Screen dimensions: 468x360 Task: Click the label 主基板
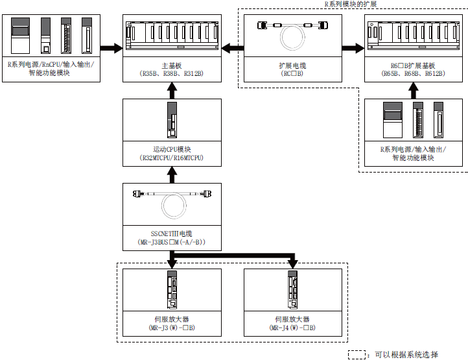pyautogui.click(x=172, y=66)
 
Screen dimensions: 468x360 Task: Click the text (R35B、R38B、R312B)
pyautogui.click(x=172, y=73)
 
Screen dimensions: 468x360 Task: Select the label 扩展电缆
pyautogui.click(x=292, y=66)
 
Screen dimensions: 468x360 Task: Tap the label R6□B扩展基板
pyautogui.click(x=413, y=66)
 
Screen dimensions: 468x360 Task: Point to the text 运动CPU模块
pyautogui.click(x=172, y=149)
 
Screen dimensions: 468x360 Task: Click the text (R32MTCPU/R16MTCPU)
pyautogui.click(x=172, y=158)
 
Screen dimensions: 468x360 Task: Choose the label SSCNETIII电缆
pyautogui.click(x=172, y=234)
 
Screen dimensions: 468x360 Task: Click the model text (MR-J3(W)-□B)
pyautogui.click(x=172, y=328)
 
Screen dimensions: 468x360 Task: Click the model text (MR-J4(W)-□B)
pyautogui.click(x=292, y=328)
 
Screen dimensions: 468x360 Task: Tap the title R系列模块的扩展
pyautogui.click(x=351, y=4)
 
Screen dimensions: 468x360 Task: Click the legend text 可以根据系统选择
pyautogui.click(x=406, y=355)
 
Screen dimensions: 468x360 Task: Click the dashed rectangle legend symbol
pyautogui.click(x=357, y=355)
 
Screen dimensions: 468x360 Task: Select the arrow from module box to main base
pyautogui.click(x=111, y=48)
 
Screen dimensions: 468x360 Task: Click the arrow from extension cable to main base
pyautogui.click(x=233, y=48)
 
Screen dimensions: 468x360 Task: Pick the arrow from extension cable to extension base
pyautogui.click(x=353, y=48)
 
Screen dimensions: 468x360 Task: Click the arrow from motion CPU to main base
pyautogui.click(x=172, y=90)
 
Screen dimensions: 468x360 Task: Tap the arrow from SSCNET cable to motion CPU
pyautogui.click(x=172, y=174)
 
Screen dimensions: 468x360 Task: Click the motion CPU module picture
pyautogui.click(x=172, y=120)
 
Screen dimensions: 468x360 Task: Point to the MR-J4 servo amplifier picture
pyautogui.click(x=292, y=289)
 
